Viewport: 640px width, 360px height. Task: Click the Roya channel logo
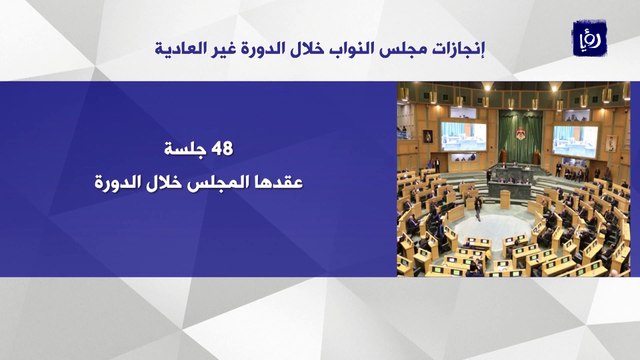point(589,38)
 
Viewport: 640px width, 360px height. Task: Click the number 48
point(222,148)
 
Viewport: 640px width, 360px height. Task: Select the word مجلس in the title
point(402,49)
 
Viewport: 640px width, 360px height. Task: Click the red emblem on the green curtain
point(520,134)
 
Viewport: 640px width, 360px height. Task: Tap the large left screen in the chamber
point(463,136)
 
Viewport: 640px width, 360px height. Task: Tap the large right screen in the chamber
point(575,141)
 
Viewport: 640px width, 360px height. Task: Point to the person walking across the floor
point(478,208)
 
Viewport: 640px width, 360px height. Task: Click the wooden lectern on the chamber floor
point(505,199)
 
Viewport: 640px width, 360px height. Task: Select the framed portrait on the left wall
point(427,136)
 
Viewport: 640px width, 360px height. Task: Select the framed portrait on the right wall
point(611,143)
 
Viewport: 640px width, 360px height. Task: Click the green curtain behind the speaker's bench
point(520,136)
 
